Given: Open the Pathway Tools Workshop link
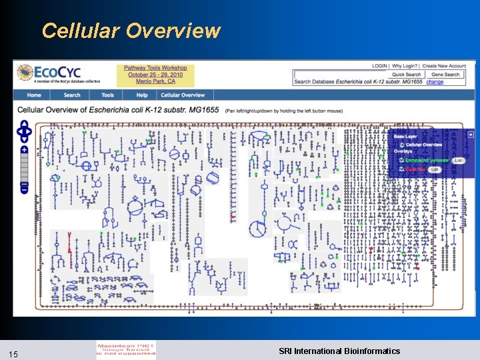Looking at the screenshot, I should [155, 68].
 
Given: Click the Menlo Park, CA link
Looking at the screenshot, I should [155, 82].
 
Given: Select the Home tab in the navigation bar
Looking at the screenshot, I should [34, 95].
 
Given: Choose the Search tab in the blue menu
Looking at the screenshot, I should [72, 95].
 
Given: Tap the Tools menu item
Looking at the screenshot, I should [108, 95].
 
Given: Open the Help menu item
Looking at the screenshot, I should [141, 95].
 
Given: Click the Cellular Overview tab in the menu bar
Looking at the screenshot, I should [183, 95].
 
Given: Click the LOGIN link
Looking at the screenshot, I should [379, 66].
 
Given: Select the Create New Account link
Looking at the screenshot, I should [444, 66].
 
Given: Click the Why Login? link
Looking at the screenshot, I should [405, 66].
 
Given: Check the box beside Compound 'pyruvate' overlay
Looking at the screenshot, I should [401, 161].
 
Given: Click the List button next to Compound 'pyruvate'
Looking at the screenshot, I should [458, 161].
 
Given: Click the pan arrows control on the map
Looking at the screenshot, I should [25, 131].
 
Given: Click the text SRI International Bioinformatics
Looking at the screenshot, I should [339, 351].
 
